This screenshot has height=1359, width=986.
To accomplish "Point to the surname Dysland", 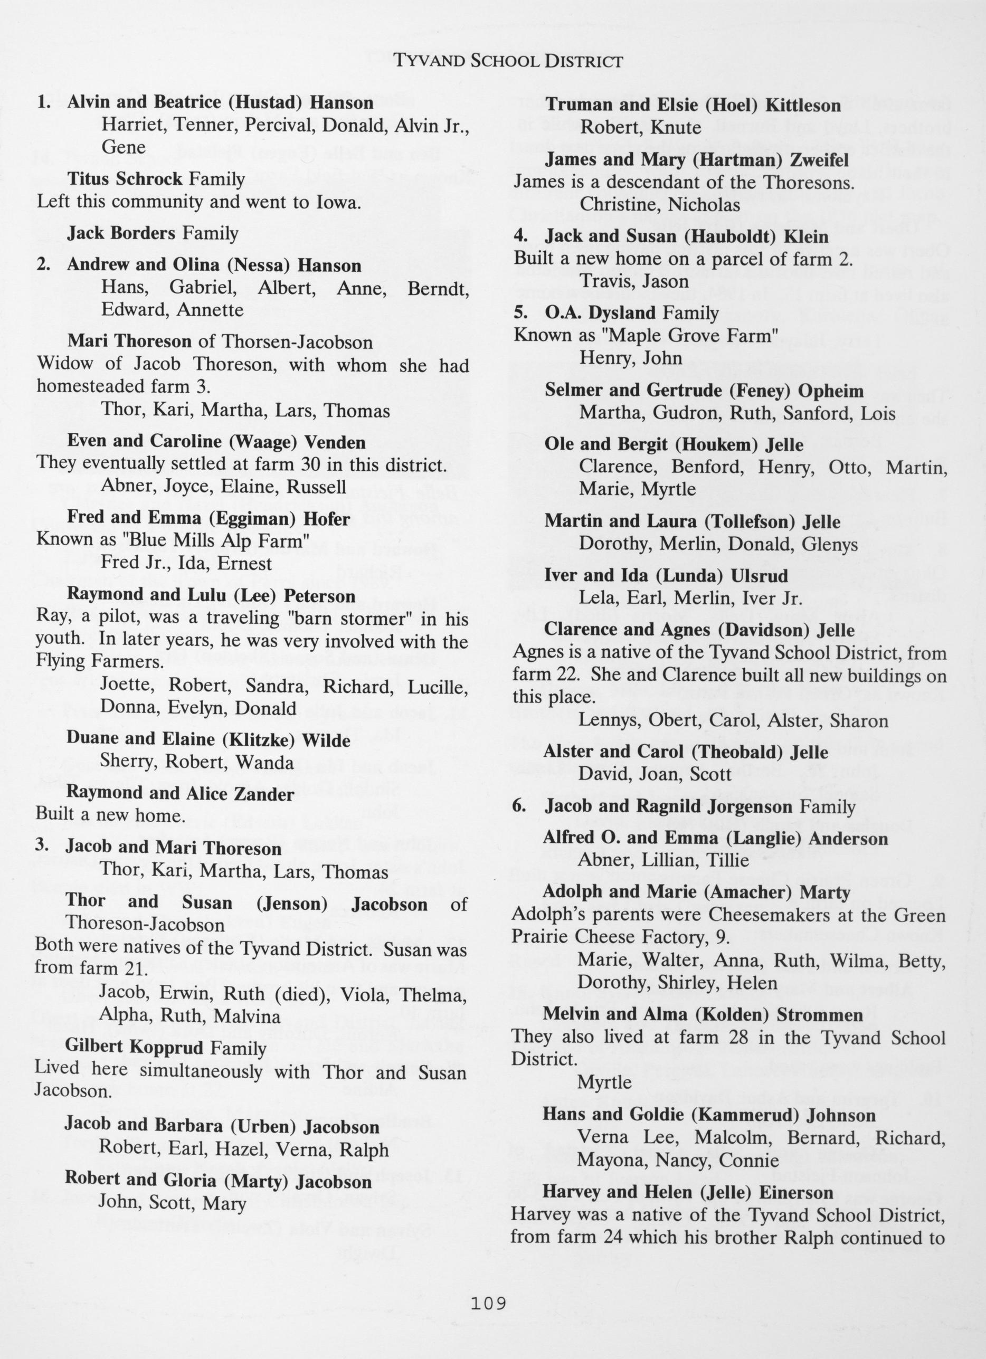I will (x=623, y=313).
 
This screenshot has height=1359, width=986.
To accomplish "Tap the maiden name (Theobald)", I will (x=717, y=752).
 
